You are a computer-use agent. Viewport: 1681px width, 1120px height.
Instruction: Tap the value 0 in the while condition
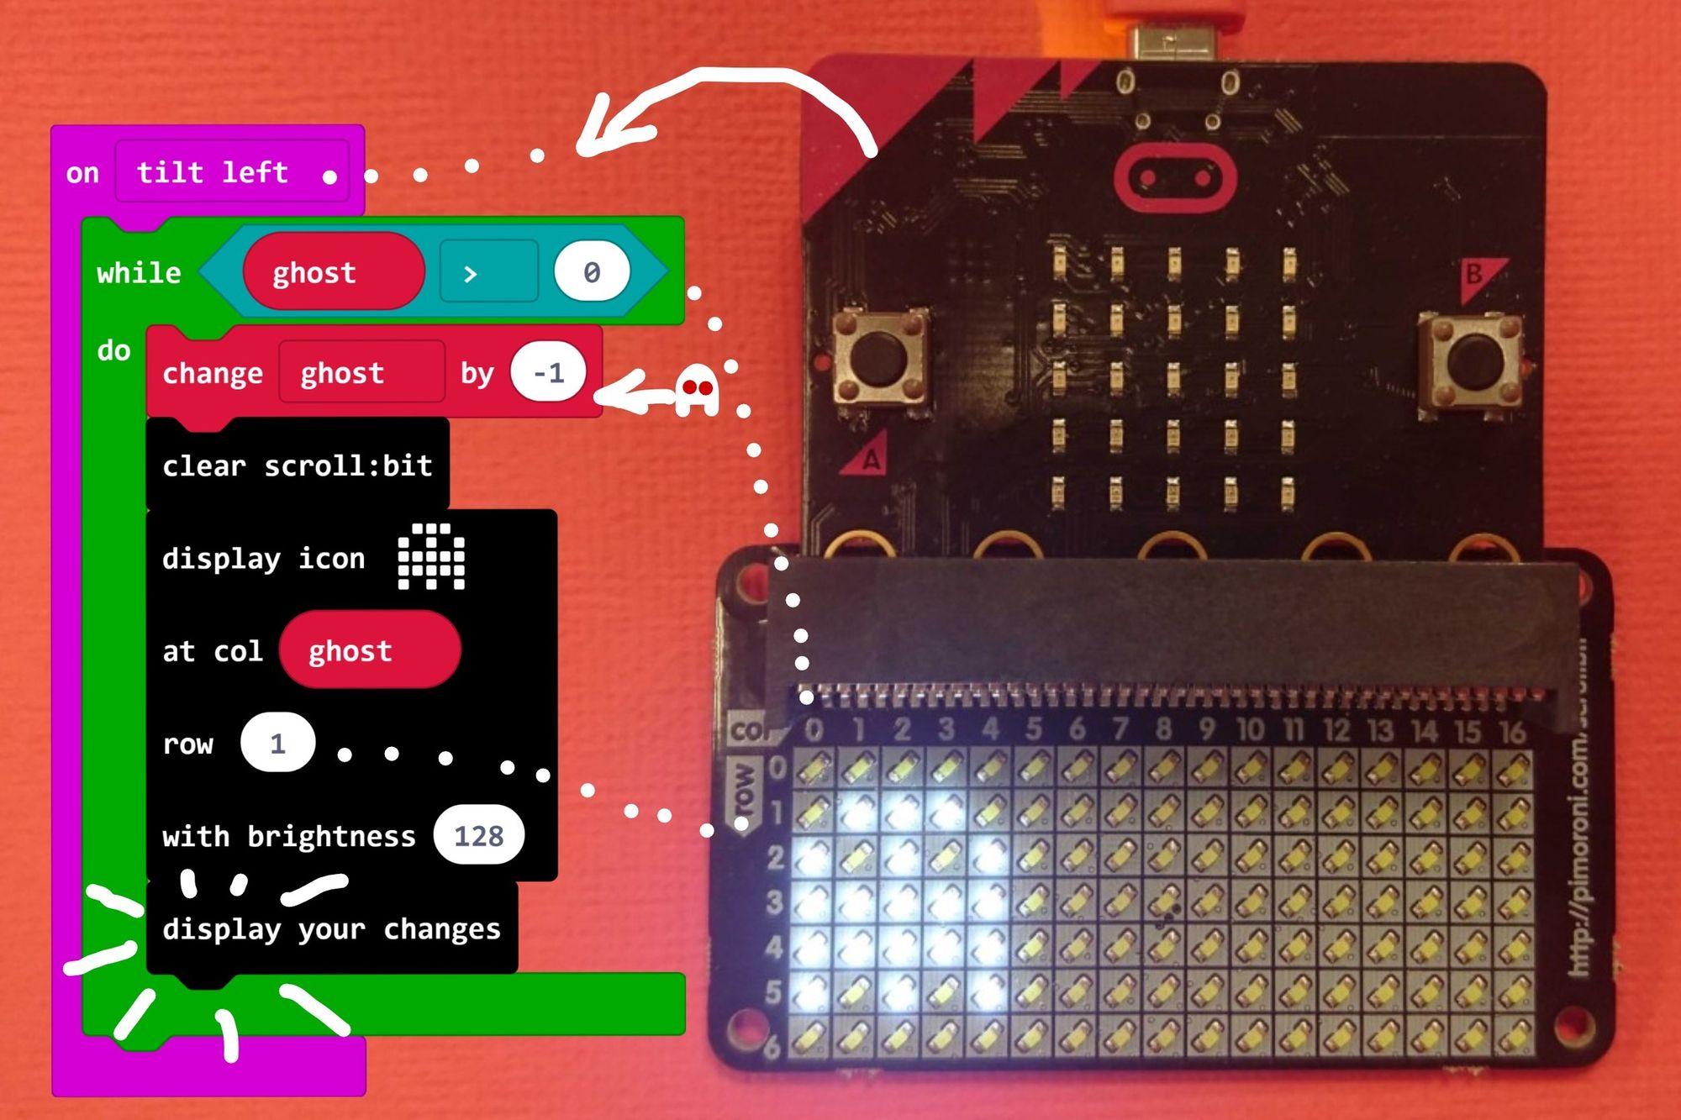click(592, 272)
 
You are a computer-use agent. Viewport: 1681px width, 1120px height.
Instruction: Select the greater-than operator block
click(487, 272)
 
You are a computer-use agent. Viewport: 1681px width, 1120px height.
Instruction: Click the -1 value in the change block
click(548, 372)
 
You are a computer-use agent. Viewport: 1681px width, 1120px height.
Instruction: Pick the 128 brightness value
click(478, 836)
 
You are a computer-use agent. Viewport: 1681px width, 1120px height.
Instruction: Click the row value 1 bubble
click(277, 744)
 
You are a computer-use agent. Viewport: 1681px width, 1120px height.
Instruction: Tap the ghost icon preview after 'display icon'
click(431, 557)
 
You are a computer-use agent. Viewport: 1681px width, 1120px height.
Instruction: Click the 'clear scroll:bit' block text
click(297, 465)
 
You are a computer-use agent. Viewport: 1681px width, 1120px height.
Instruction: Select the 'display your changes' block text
click(331, 928)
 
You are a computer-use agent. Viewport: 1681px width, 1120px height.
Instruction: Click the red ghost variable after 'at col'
click(369, 650)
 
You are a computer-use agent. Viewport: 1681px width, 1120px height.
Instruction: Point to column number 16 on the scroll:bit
click(1512, 732)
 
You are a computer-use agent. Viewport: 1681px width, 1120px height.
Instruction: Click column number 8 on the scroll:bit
click(1163, 728)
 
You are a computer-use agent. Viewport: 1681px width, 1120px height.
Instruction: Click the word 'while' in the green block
click(139, 273)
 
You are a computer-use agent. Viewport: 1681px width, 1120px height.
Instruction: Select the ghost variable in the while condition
click(333, 272)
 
